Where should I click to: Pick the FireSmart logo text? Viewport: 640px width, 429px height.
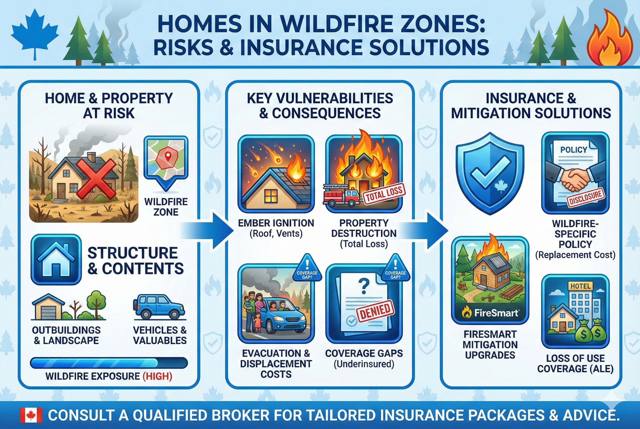click(496, 313)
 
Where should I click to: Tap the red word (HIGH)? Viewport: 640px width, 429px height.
click(157, 376)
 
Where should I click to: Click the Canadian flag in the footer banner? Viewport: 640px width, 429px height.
click(31, 415)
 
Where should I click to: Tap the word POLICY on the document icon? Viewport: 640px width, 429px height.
click(573, 150)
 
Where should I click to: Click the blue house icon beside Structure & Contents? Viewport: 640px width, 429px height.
click(56, 260)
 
